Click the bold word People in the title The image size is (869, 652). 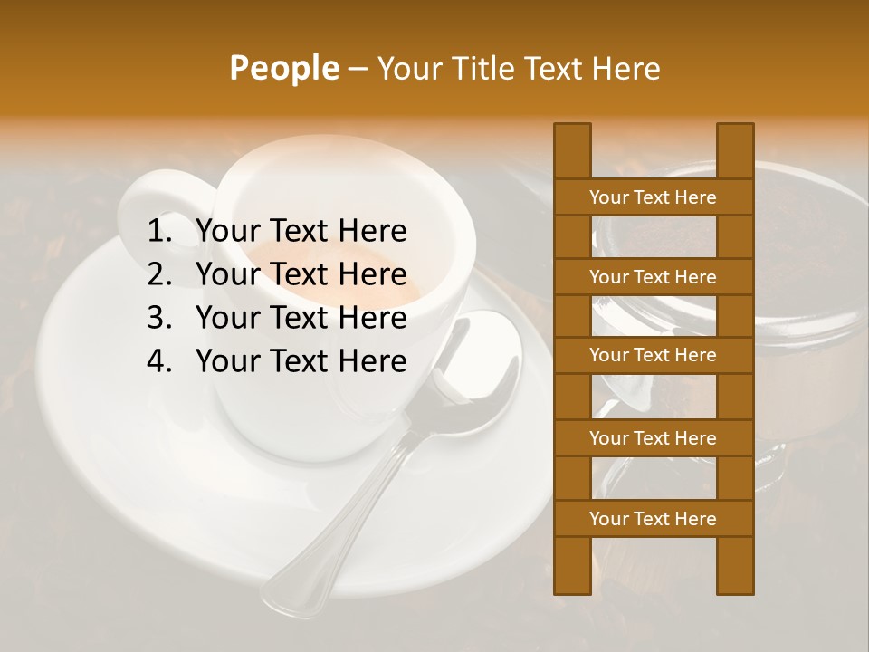pyautogui.click(x=282, y=68)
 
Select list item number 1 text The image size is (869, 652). pyautogui.click(x=301, y=232)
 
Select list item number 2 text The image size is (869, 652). pyautogui.click(x=301, y=274)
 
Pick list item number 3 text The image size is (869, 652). pyautogui.click(x=301, y=318)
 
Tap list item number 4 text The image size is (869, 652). pyautogui.click(x=301, y=361)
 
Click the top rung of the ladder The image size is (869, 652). pyautogui.click(x=653, y=197)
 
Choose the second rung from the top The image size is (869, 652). pyautogui.click(x=653, y=277)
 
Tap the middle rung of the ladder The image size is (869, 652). pyautogui.click(x=653, y=356)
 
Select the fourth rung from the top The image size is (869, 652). pyautogui.click(x=653, y=438)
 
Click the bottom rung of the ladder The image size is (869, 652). pyautogui.click(x=653, y=519)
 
